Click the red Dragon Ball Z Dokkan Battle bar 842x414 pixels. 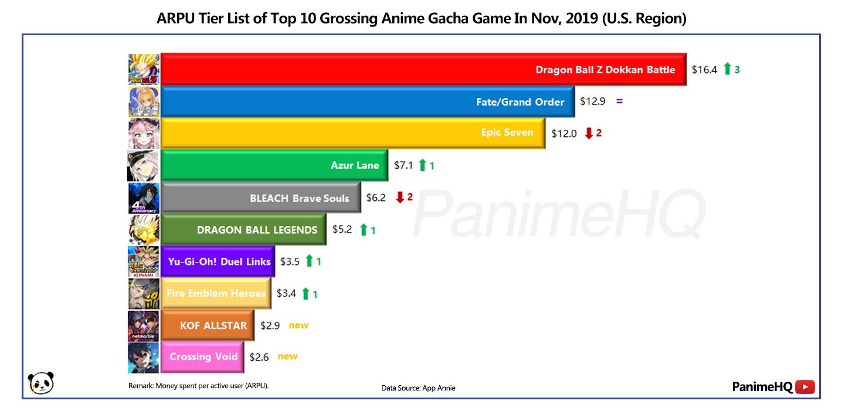point(423,69)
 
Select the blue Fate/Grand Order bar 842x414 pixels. point(368,101)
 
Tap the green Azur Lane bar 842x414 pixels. point(274,165)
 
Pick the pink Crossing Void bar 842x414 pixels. point(202,357)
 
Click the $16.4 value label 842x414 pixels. point(704,70)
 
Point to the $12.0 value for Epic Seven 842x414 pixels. point(564,134)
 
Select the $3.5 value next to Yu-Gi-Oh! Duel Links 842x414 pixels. point(290,261)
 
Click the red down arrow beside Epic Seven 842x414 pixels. point(589,133)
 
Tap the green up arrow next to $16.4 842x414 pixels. point(727,69)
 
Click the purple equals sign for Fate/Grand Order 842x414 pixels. point(619,101)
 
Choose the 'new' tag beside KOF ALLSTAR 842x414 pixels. point(298,325)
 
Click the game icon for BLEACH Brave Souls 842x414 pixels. point(144,198)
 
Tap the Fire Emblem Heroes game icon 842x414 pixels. point(144,294)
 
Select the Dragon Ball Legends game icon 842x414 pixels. point(144,230)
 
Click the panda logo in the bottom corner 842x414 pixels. point(41,383)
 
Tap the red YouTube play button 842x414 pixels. point(805,387)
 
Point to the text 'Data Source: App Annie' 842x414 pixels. point(419,388)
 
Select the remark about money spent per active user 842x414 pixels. point(198,386)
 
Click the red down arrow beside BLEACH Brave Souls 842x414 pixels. point(400,197)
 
